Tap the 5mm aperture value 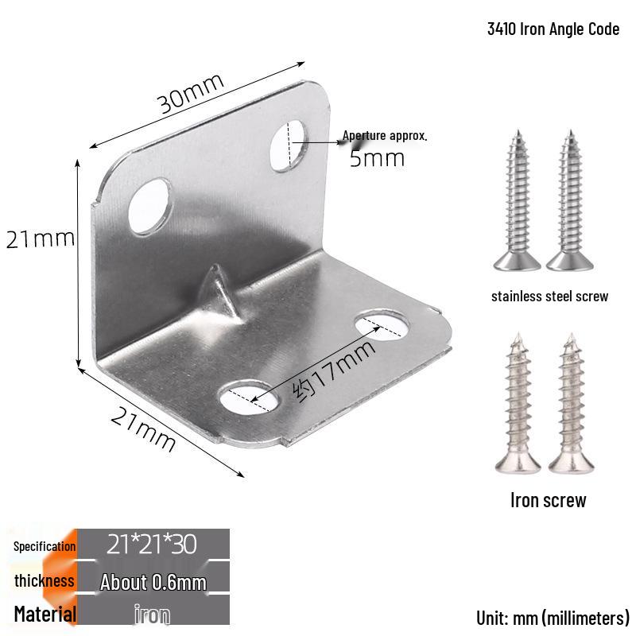(378, 158)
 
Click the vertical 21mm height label (40, 238)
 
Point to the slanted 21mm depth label (142, 429)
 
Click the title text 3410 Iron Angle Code (553, 29)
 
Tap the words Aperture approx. (385, 136)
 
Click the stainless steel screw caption (549, 297)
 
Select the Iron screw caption (548, 500)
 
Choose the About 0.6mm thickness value (153, 583)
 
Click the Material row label (45, 614)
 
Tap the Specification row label (45, 547)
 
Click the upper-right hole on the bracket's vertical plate (289, 145)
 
